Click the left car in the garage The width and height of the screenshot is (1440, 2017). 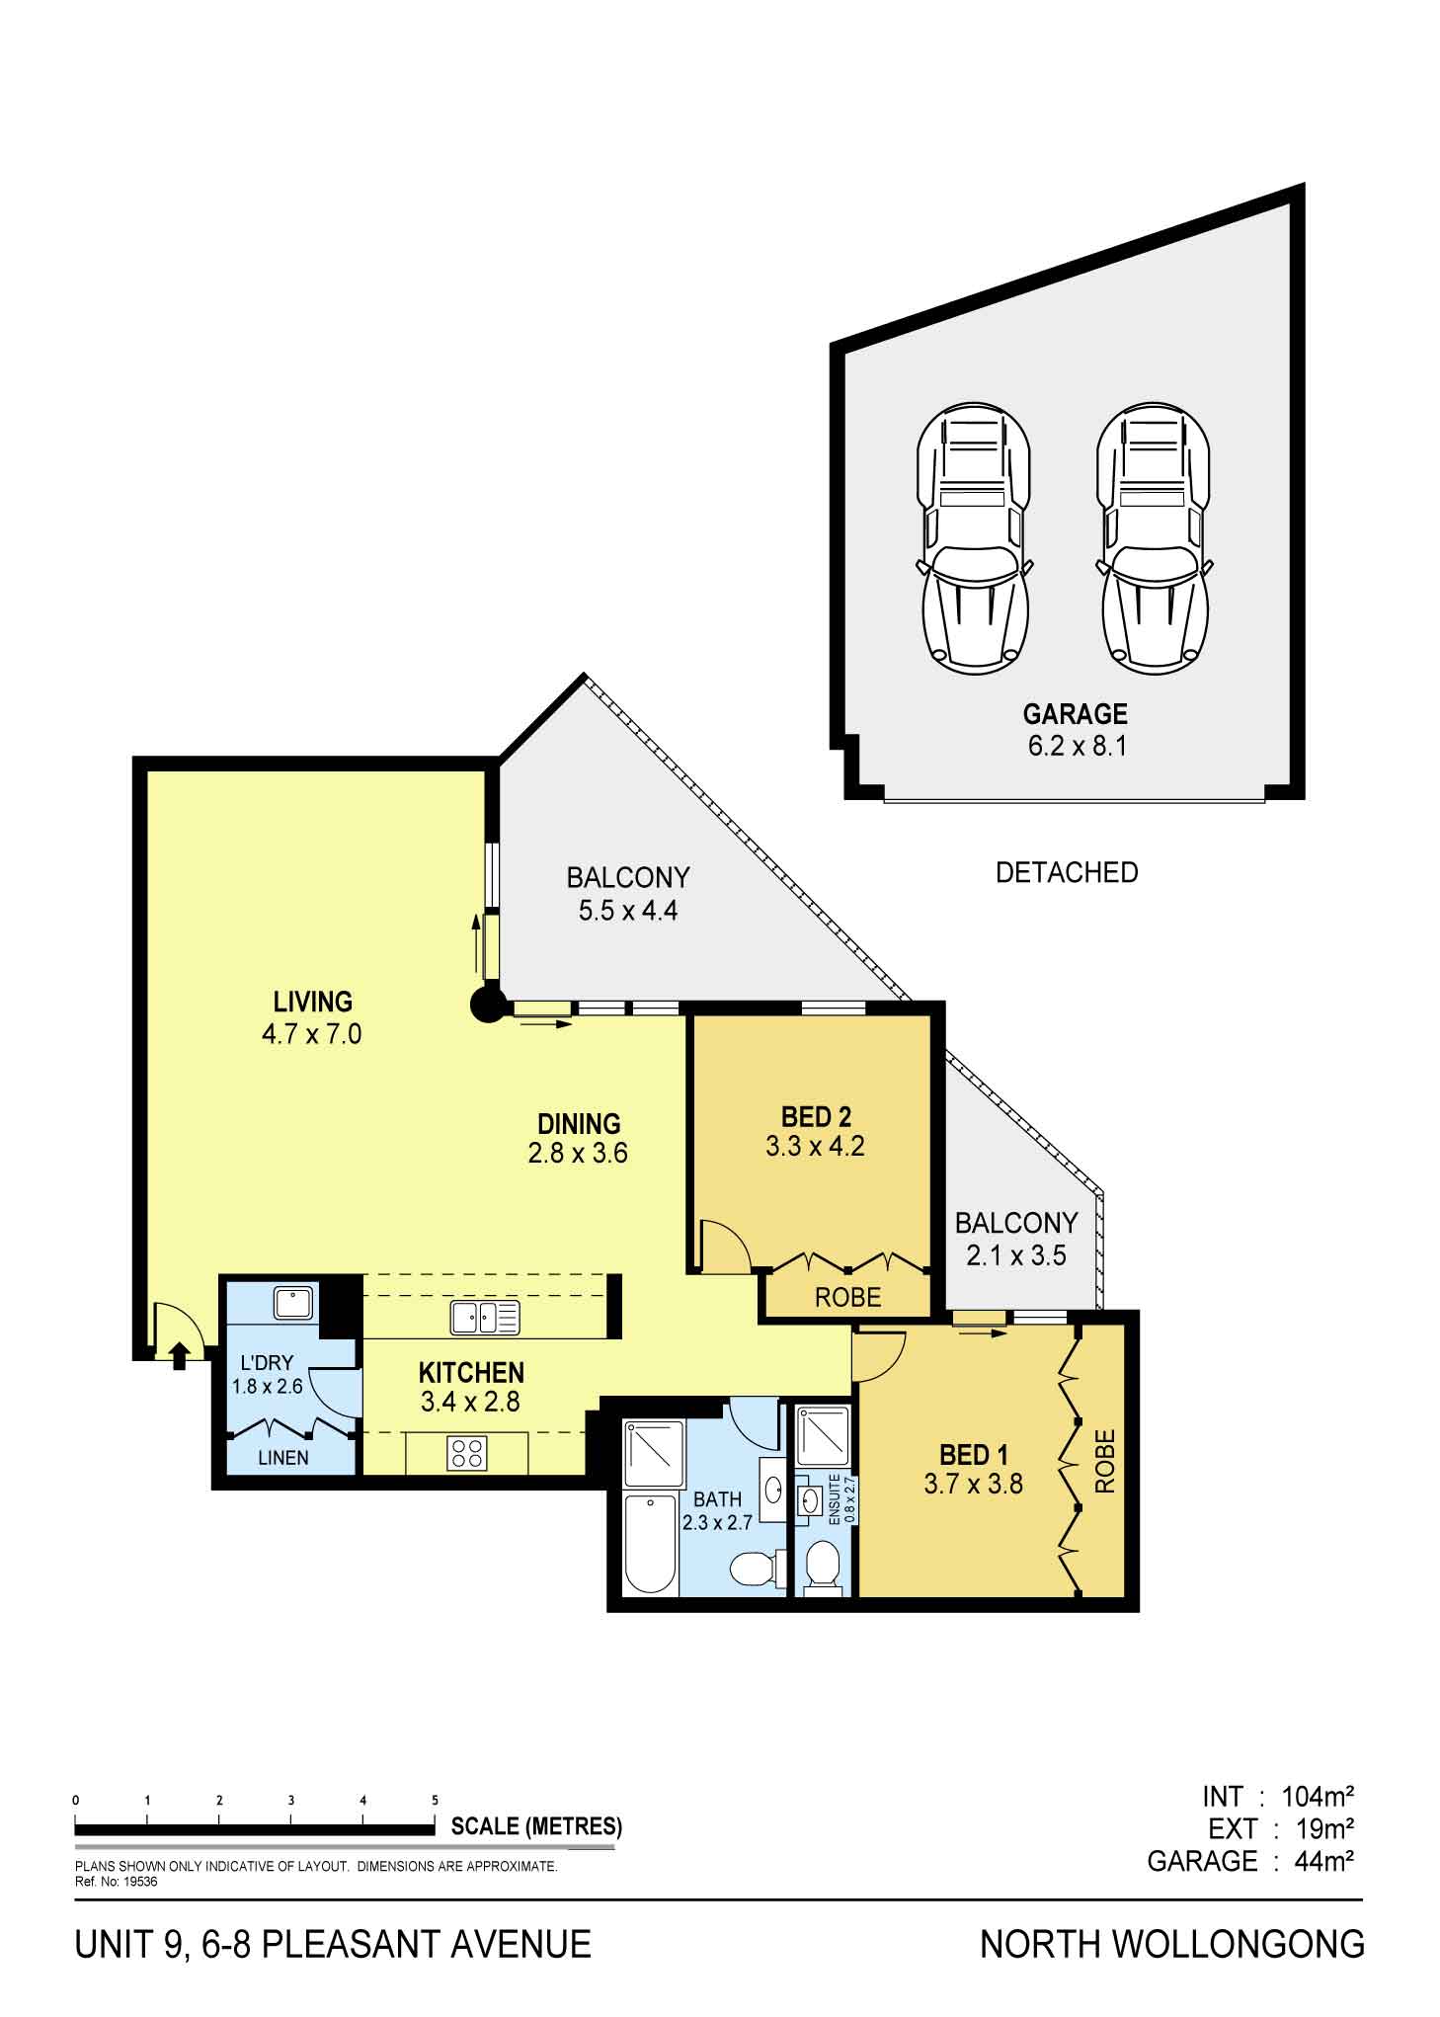[974, 538]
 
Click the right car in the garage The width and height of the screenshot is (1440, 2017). [1154, 538]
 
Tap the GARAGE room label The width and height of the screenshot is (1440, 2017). [1075, 714]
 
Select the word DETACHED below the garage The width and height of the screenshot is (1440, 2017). [1067, 872]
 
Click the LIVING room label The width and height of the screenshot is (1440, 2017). [313, 1002]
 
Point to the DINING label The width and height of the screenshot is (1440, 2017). [579, 1123]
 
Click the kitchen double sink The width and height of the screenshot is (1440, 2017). [484, 1318]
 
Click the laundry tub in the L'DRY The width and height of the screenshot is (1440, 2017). [293, 1303]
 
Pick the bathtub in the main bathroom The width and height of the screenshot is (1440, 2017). [651, 1543]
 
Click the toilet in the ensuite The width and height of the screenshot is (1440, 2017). [822, 1569]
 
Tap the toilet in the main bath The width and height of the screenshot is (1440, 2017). [757, 1567]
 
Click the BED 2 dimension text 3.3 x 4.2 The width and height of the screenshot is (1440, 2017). [815, 1147]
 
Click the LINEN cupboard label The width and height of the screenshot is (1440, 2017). [283, 1457]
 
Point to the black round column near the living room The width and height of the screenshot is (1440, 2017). [486, 1006]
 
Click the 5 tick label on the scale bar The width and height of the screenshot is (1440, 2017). [436, 1800]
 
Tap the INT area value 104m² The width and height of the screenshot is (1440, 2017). [1318, 1795]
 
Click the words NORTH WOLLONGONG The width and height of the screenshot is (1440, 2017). [1172, 1945]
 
